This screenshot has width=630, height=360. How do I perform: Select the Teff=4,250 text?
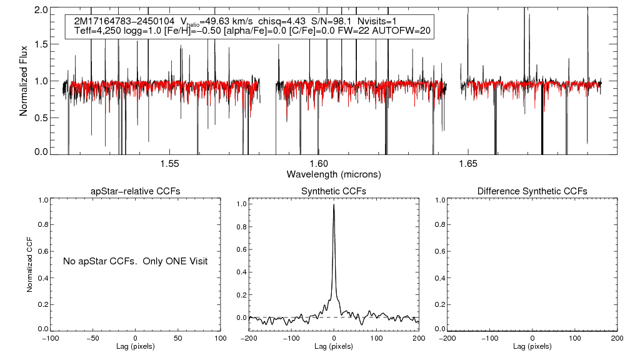(x=95, y=30)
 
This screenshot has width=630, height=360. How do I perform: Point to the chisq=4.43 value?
(x=279, y=21)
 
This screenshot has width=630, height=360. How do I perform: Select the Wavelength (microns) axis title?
(x=334, y=173)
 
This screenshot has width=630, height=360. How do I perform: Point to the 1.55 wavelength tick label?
(x=170, y=163)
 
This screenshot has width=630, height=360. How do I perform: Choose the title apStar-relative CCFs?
(x=136, y=191)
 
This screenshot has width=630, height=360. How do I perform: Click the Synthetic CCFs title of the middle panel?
(x=334, y=191)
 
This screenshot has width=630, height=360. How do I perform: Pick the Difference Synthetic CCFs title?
(x=532, y=191)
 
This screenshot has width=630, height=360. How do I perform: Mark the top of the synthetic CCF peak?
(x=334, y=204)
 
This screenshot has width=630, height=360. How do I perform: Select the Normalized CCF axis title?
(x=29, y=264)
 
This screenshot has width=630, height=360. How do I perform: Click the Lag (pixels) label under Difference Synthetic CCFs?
(x=532, y=346)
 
